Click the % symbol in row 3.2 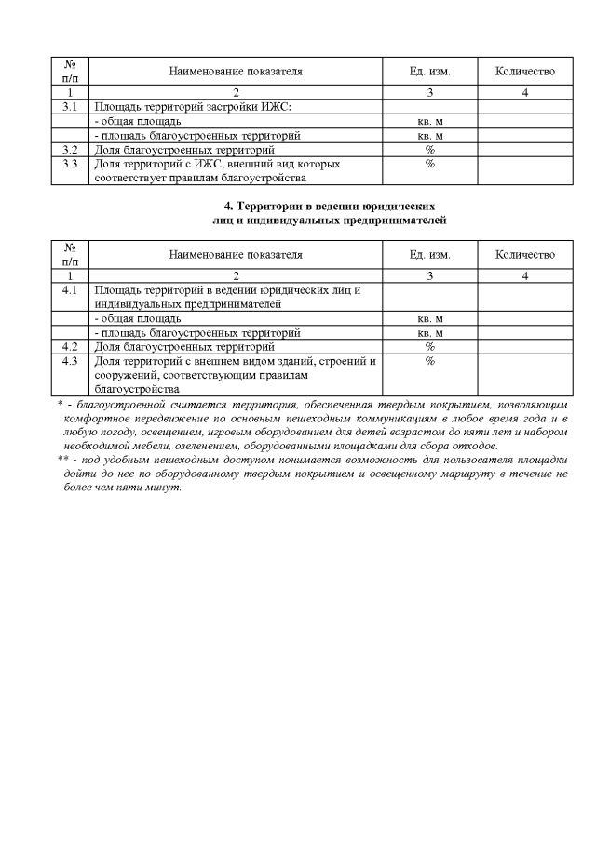click(430, 149)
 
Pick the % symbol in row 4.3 click(430, 361)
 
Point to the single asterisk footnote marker click(60, 405)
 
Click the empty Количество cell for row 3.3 click(525, 170)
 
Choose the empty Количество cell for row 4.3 click(525, 375)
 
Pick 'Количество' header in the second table click(525, 254)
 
